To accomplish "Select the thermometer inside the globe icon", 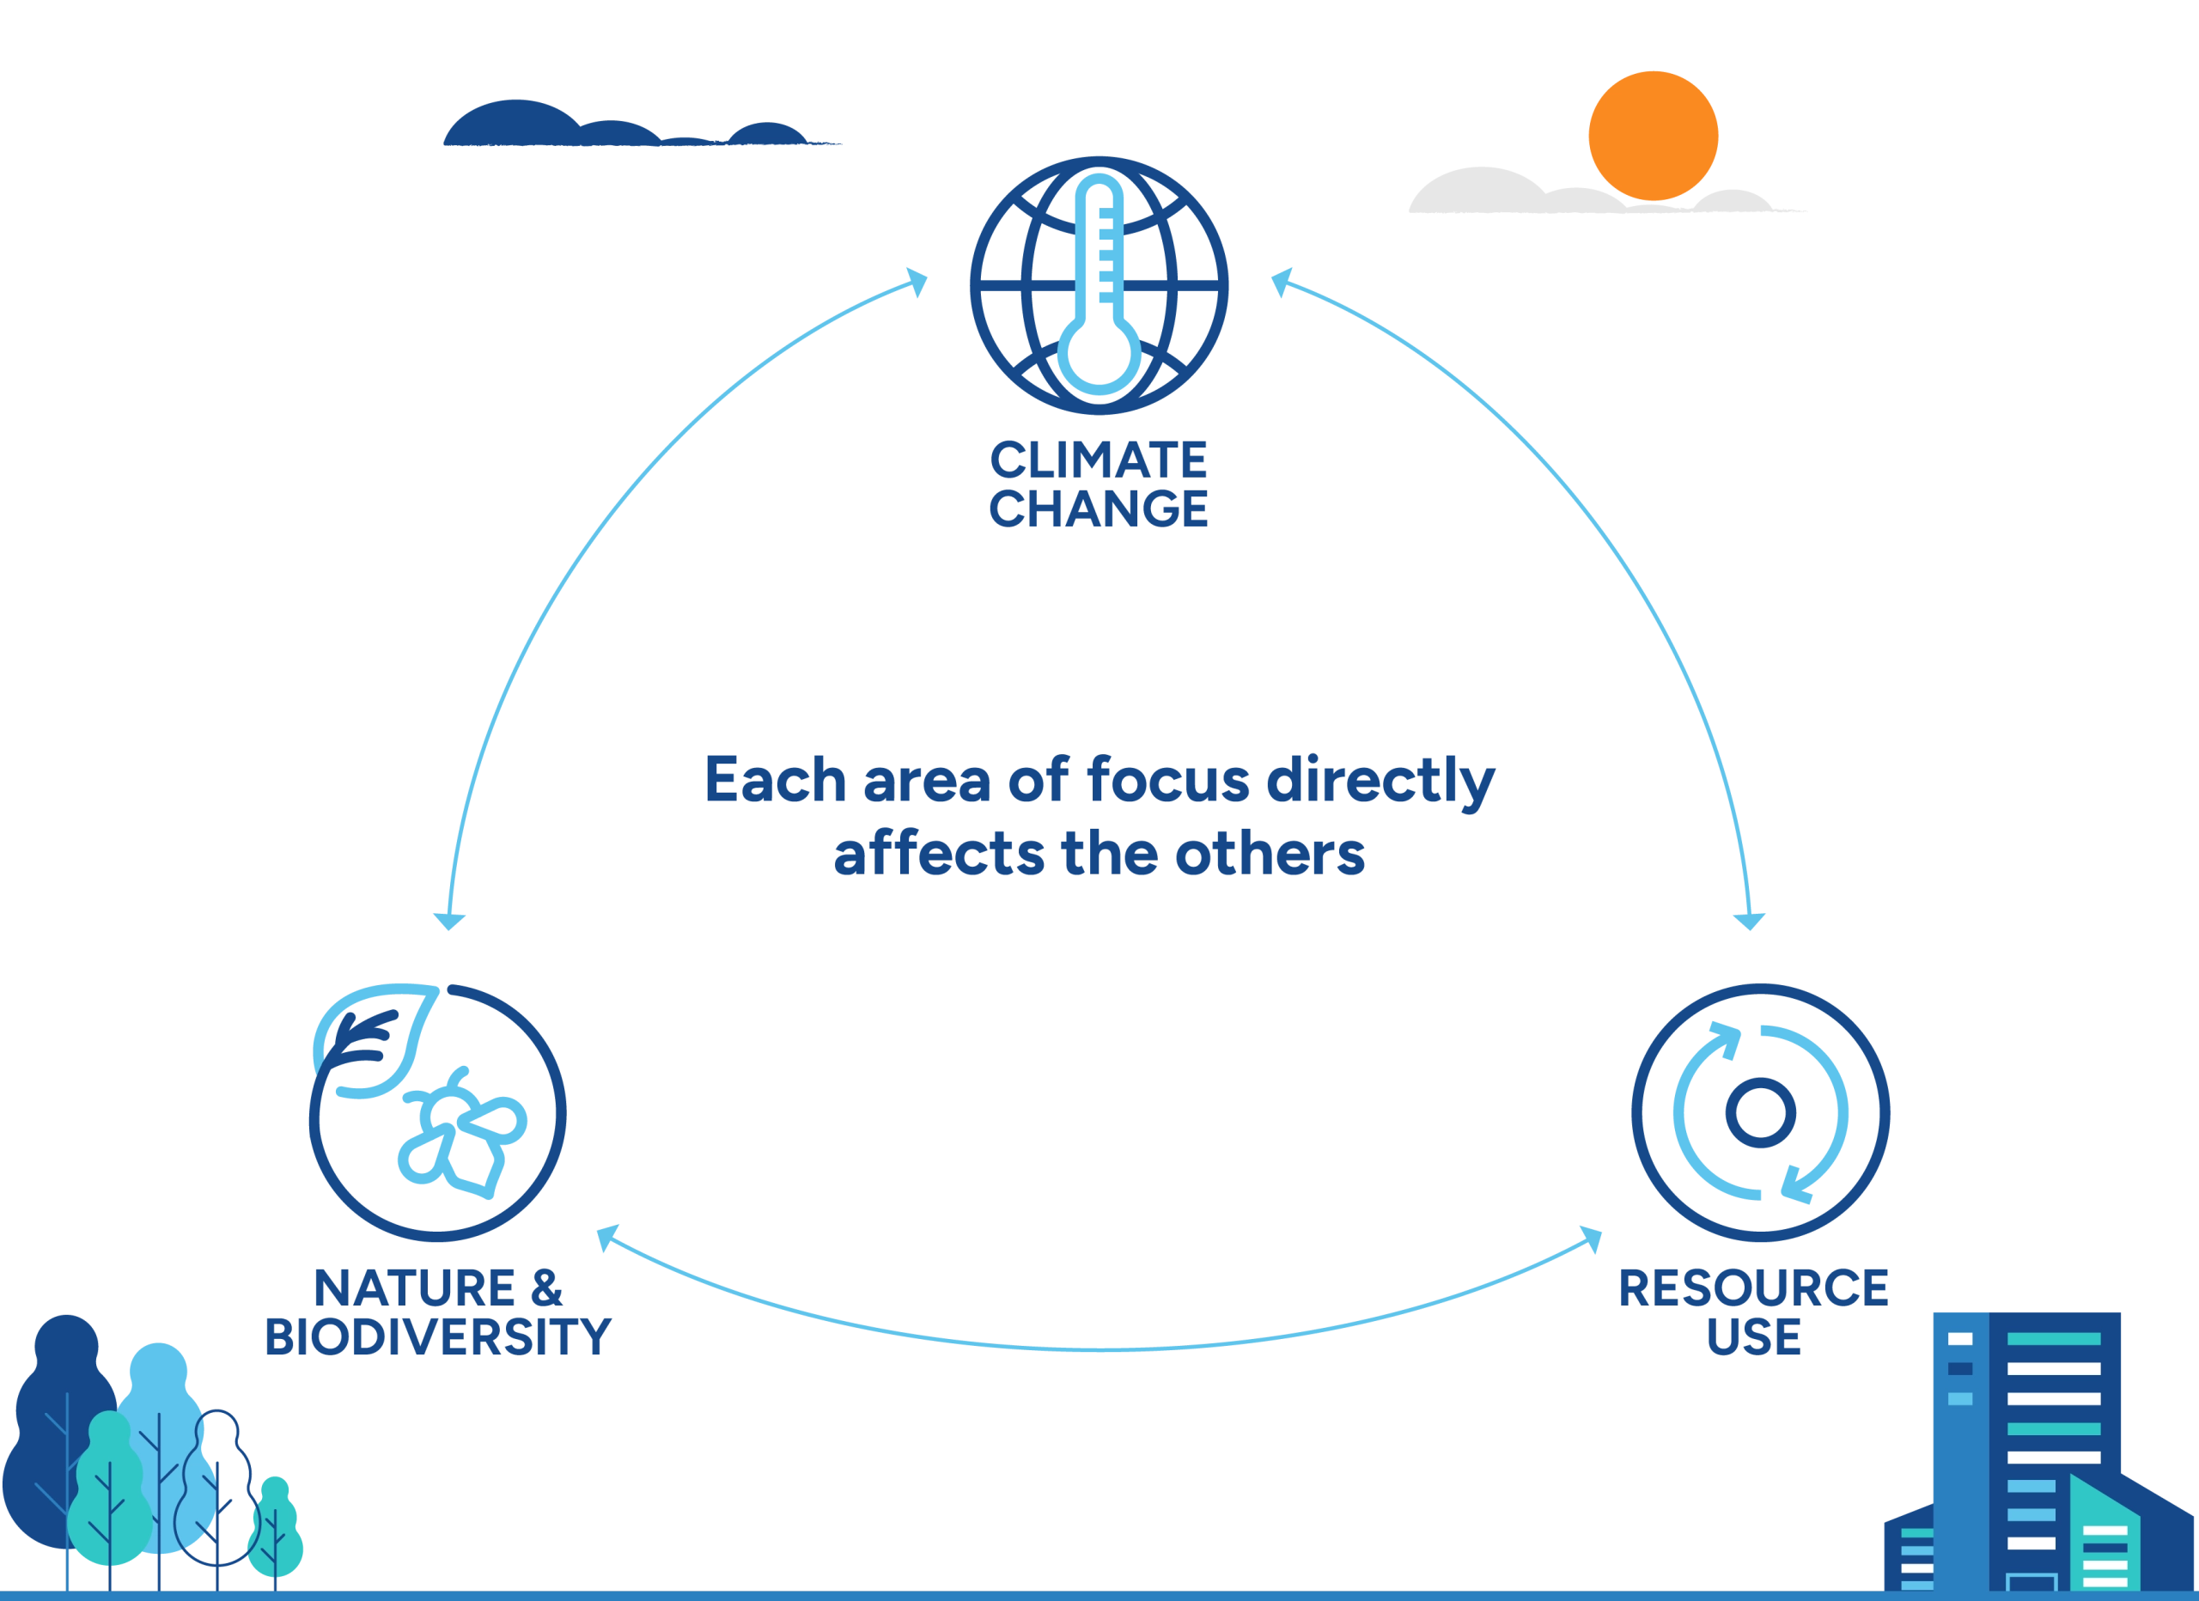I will click(x=1098, y=291).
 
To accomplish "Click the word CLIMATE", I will click(x=1099, y=461).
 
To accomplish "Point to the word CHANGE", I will click(x=1099, y=509).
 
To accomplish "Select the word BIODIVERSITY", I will click(x=438, y=1337).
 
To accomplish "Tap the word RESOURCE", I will click(x=1752, y=1287).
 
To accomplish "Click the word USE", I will click(x=1752, y=1337).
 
